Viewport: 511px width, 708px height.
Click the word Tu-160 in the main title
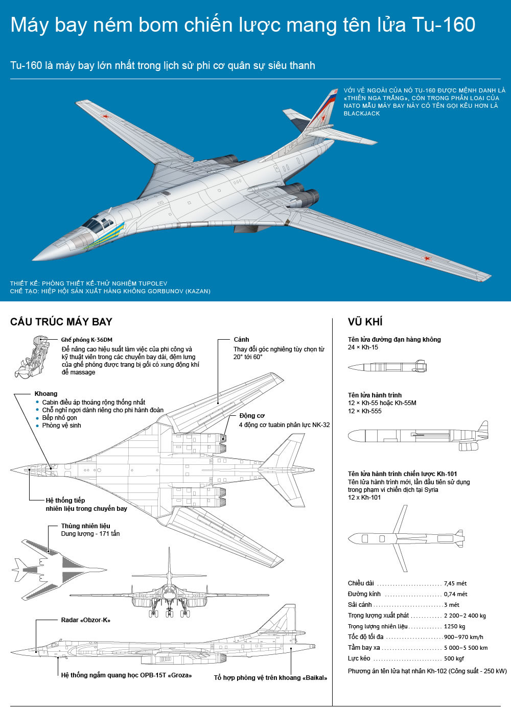[x=443, y=25]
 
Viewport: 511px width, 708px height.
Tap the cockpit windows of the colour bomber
[x=98, y=223]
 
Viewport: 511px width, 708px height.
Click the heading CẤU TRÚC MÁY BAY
[x=61, y=322]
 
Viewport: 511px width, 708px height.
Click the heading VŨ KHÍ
[x=365, y=322]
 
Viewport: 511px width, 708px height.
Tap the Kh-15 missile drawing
[x=387, y=366]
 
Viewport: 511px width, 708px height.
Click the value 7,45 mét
[x=455, y=583]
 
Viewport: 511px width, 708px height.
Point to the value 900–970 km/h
[x=463, y=637]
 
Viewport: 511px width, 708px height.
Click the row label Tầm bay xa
[x=364, y=648]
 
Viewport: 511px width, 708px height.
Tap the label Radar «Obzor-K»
[x=85, y=620]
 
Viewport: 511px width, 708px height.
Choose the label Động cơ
[x=252, y=416]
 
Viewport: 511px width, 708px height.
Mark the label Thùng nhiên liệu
[x=85, y=526]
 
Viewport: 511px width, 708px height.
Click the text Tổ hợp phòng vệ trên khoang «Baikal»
[x=270, y=678]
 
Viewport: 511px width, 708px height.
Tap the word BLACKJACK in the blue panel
[x=362, y=113]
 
